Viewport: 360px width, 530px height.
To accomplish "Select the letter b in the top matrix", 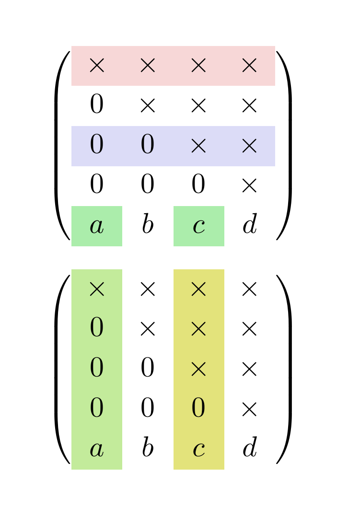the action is coord(148,226).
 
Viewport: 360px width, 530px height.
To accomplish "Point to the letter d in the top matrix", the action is coord(249,226).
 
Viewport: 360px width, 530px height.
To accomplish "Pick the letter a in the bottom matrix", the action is coord(96,449).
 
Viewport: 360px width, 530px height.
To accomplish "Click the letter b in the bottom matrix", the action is coord(148,449).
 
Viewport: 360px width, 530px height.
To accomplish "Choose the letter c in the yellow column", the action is coord(198,449).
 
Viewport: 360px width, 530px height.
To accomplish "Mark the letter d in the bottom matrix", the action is coord(249,449).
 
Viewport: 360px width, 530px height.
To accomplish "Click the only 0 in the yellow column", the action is coord(198,409).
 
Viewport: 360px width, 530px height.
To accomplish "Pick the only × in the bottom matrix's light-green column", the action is coord(97,289).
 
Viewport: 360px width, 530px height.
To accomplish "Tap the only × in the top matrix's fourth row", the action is coord(249,185).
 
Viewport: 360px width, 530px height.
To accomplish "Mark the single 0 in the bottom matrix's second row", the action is coord(97,329).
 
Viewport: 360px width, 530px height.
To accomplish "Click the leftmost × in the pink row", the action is coord(97,66).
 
